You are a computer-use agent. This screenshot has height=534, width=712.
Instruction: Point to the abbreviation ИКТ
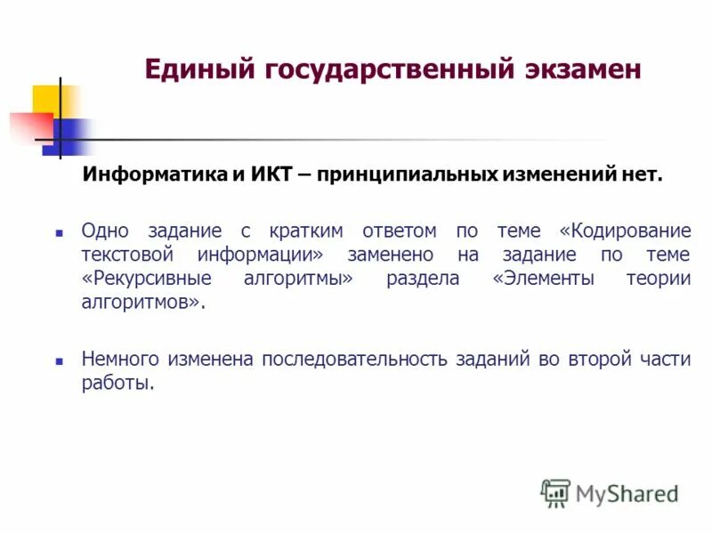272,175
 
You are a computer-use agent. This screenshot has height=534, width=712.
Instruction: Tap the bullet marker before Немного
60,361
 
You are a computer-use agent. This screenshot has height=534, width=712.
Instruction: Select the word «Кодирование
625,231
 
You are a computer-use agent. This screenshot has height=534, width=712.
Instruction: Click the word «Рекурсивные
148,279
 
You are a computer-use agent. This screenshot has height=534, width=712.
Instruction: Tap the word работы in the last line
117,384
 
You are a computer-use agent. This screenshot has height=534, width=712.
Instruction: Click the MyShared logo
610,492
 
